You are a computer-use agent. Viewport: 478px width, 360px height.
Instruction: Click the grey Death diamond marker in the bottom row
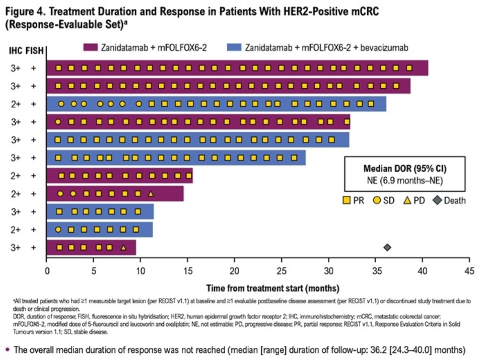pyautogui.click(x=387, y=247)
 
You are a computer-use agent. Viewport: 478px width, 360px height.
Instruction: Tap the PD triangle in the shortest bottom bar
pyautogui.click(x=123, y=247)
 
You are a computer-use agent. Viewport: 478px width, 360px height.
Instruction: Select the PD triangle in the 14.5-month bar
pyautogui.click(x=151, y=193)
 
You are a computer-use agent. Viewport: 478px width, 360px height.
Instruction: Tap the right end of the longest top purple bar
pyautogui.click(x=427, y=68)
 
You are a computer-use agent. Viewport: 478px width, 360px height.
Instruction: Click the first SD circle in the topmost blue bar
pyautogui.click(x=61, y=104)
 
